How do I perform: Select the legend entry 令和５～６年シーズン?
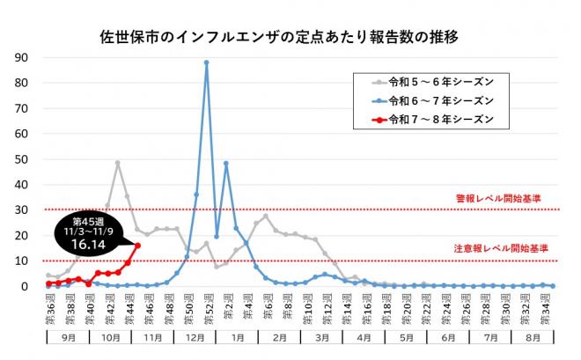pos(429,81)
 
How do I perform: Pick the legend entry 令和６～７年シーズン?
pos(429,99)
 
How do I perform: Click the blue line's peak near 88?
pos(207,62)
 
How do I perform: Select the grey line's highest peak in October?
pos(117,163)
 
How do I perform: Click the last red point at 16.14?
pos(137,246)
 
